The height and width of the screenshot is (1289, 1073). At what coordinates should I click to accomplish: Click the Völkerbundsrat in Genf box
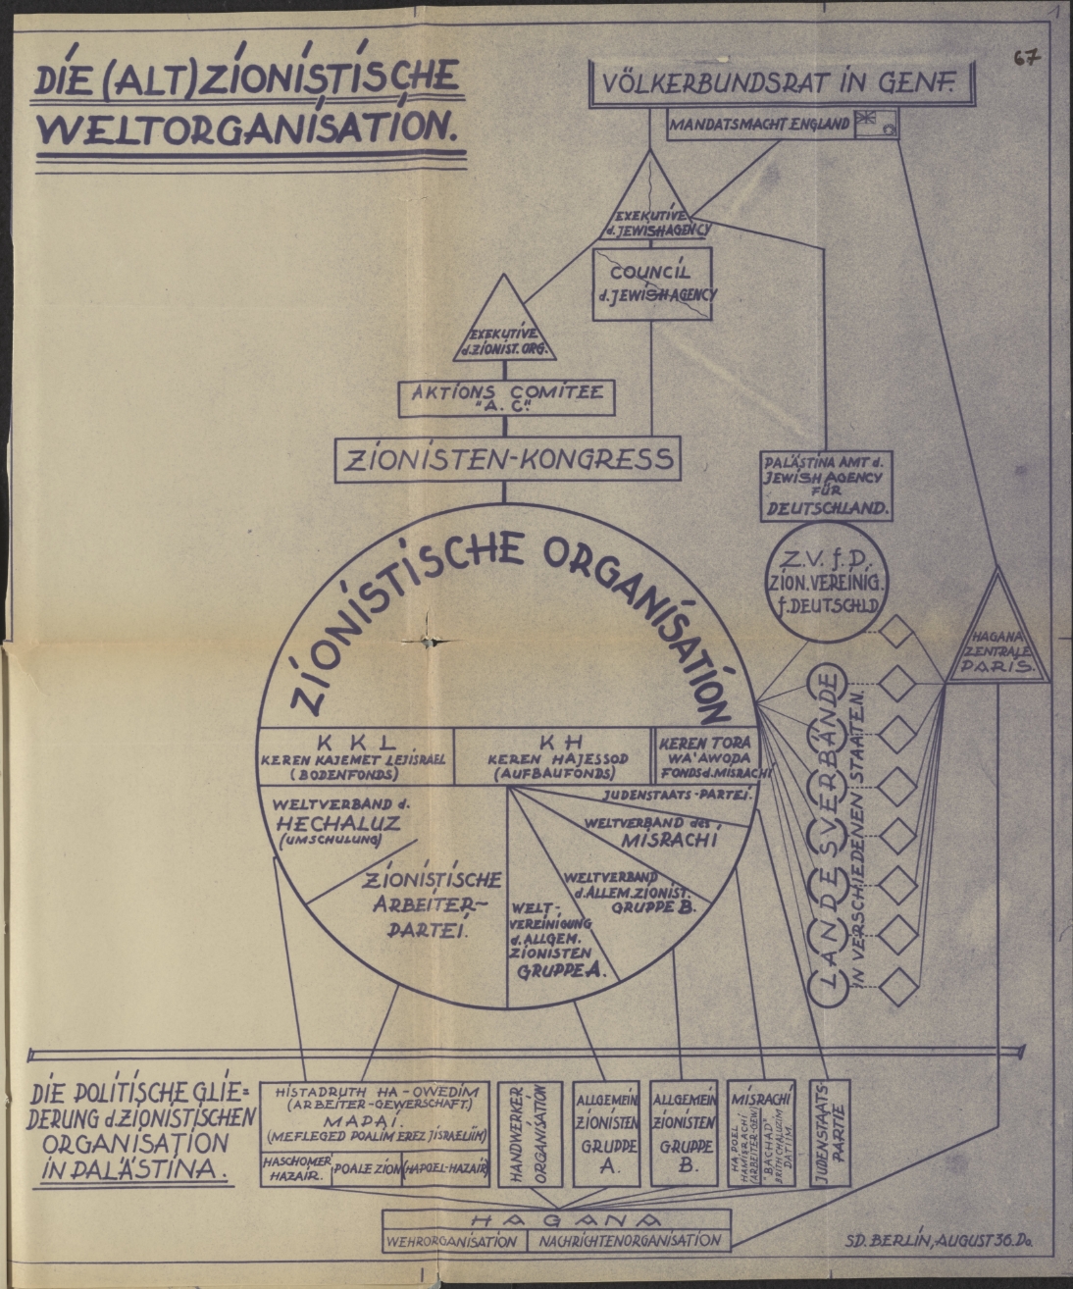click(783, 85)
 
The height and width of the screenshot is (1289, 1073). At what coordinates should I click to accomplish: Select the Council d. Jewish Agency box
click(652, 284)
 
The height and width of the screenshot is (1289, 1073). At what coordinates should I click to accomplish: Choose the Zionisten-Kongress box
click(507, 459)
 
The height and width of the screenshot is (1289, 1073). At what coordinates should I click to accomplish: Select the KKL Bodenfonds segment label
click(354, 756)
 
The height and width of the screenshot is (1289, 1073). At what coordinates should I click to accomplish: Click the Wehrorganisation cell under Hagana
click(453, 1241)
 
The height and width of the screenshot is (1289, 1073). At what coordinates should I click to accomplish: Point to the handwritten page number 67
click(1027, 59)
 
